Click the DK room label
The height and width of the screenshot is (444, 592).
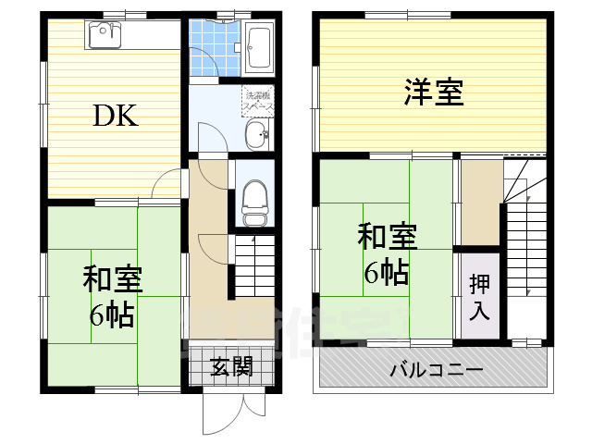tap(116, 117)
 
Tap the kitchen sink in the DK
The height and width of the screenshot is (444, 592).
tap(102, 36)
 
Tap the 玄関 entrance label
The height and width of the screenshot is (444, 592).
tap(230, 367)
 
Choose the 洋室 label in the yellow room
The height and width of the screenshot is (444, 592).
tap(433, 92)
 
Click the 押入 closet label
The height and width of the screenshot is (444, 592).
tap(479, 297)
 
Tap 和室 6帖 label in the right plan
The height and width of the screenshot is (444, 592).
tap(387, 253)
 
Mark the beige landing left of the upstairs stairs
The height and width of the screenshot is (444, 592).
tap(480, 203)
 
